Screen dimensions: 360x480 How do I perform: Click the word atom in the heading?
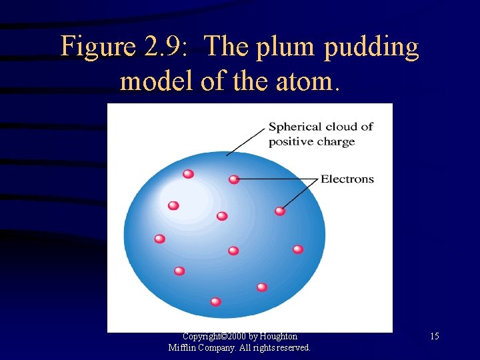307,81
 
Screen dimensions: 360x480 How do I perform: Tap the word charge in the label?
336,141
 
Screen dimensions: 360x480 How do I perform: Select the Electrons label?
347,179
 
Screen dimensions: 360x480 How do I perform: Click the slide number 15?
435,337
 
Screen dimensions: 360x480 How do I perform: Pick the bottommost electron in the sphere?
215,301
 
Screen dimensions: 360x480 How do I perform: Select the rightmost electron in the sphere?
298,249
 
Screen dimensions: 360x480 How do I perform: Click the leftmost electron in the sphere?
159,239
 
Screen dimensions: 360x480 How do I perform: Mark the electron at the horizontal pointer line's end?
233,179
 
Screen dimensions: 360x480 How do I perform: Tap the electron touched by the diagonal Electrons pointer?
280,211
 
